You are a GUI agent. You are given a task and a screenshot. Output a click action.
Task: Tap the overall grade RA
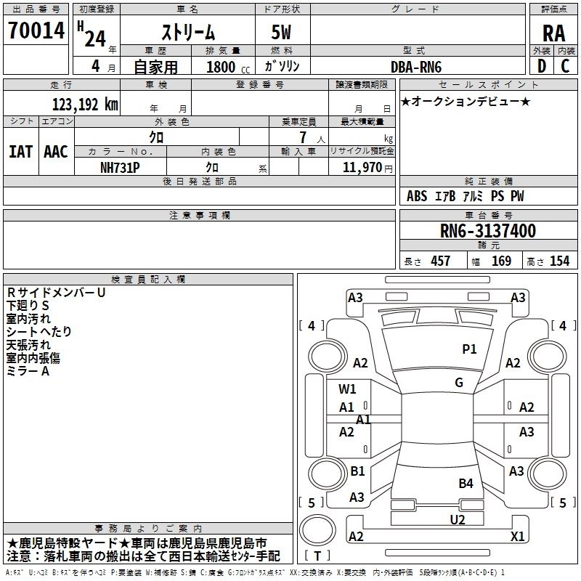point(554,33)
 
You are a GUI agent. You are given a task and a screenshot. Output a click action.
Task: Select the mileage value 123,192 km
point(85,105)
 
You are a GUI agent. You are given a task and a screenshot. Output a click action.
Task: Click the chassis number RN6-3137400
point(488,231)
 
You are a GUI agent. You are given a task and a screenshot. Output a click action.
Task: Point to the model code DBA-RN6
point(416,66)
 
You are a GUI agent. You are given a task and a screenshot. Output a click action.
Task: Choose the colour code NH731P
point(121,166)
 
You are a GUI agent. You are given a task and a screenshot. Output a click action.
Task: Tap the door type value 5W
point(283,33)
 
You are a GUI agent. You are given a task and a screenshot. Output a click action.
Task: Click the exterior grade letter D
point(540,66)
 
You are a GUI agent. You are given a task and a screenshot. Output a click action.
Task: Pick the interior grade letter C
point(566,66)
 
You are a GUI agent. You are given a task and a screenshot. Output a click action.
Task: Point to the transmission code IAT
point(20,152)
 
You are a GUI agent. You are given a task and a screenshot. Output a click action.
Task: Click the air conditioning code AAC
point(56,152)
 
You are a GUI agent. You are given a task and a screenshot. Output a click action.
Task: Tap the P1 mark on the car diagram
point(470,349)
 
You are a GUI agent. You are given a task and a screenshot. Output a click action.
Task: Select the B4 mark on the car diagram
point(466,483)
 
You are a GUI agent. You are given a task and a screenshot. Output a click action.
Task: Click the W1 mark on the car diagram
point(347,389)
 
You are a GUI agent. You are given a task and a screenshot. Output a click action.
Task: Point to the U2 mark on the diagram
point(457,519)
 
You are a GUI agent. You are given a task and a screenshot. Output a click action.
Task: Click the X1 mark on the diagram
point(518,536)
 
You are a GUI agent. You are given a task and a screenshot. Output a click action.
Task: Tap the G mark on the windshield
point(458,383)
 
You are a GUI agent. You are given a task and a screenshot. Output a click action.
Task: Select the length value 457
point(440,261)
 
